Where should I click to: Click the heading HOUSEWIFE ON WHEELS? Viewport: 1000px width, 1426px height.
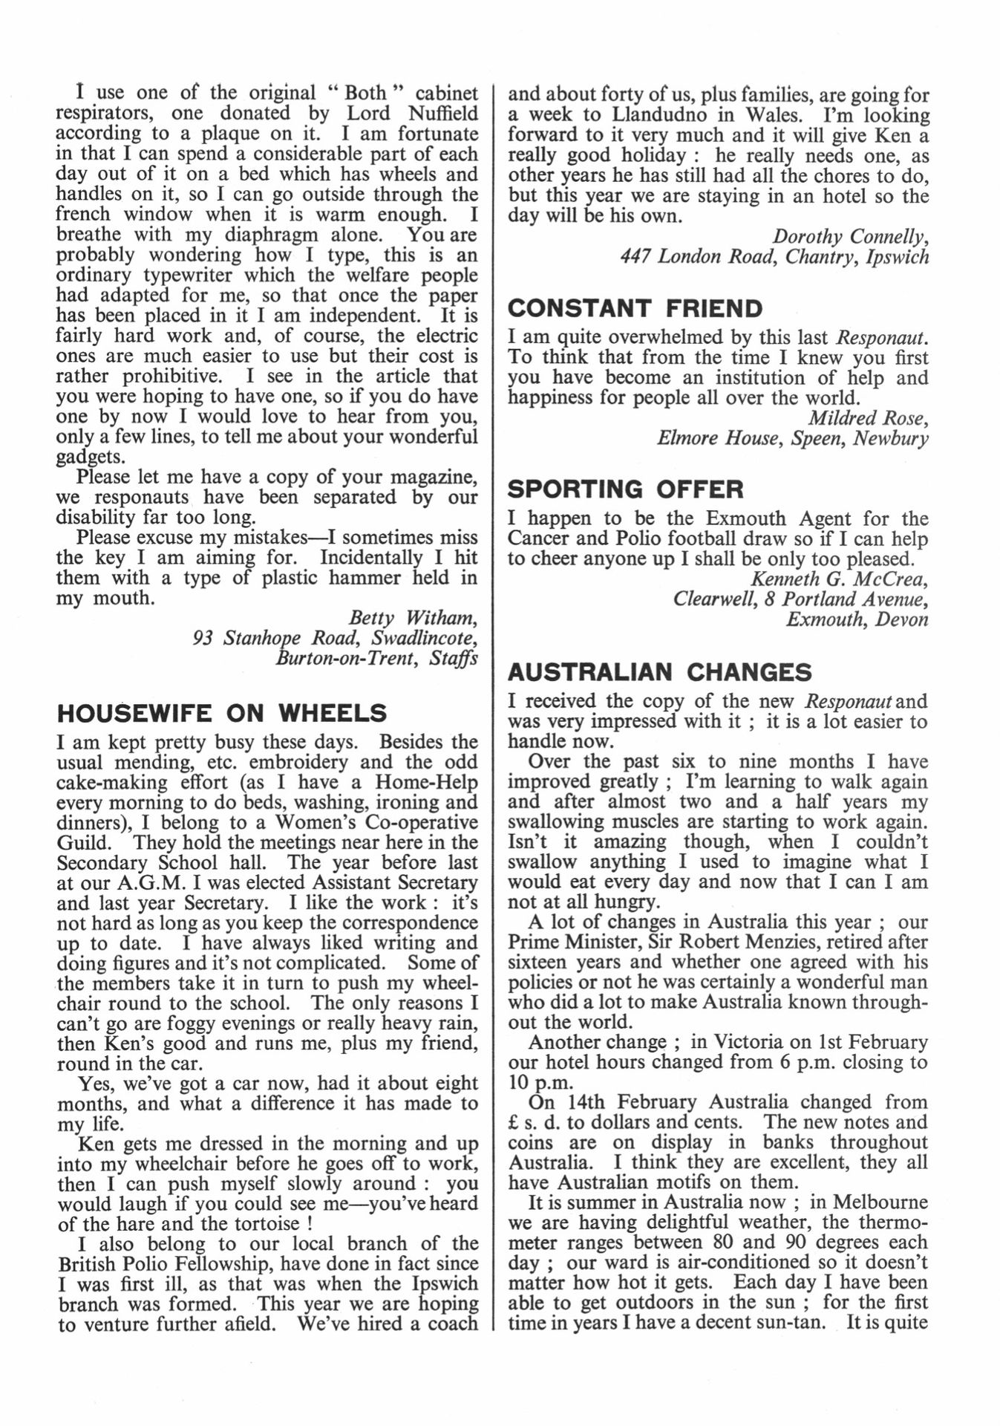tap(222, 713)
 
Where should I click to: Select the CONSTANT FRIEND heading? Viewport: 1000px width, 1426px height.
tap(635, 308)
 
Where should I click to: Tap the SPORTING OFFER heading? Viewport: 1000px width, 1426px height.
tap(626, 489)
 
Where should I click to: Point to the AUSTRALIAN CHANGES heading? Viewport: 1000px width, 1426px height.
tap(660, 672)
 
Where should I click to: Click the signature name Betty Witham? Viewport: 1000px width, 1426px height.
tap(413, 618)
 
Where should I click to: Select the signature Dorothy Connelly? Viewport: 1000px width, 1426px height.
tap(851, 237)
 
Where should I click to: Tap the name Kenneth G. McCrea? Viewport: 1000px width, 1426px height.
tap(840, 579)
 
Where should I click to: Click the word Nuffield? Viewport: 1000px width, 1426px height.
tap(442, 114)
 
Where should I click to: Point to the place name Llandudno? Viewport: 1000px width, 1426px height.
tap(664, 116)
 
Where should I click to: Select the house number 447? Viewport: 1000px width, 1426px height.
tap(635, 257)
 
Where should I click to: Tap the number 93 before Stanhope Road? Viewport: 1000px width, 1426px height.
tap(203, 638)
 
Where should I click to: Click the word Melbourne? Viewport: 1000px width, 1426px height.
tap(880, 1202)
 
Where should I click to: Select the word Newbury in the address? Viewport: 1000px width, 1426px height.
tap(890, 438)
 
